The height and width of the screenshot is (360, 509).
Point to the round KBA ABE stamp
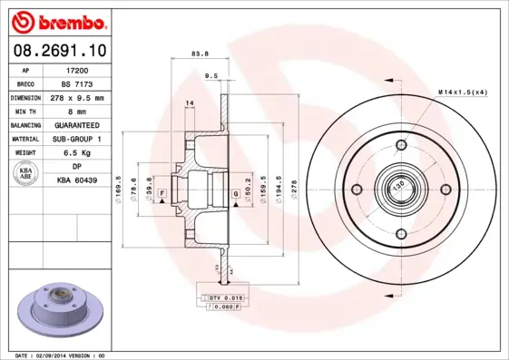[x=26, y=174]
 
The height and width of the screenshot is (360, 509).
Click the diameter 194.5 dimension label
[x=278, y=188]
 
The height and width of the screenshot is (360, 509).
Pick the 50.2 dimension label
[x=248, y=188]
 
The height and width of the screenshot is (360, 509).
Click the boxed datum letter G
[x=235, y=194]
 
